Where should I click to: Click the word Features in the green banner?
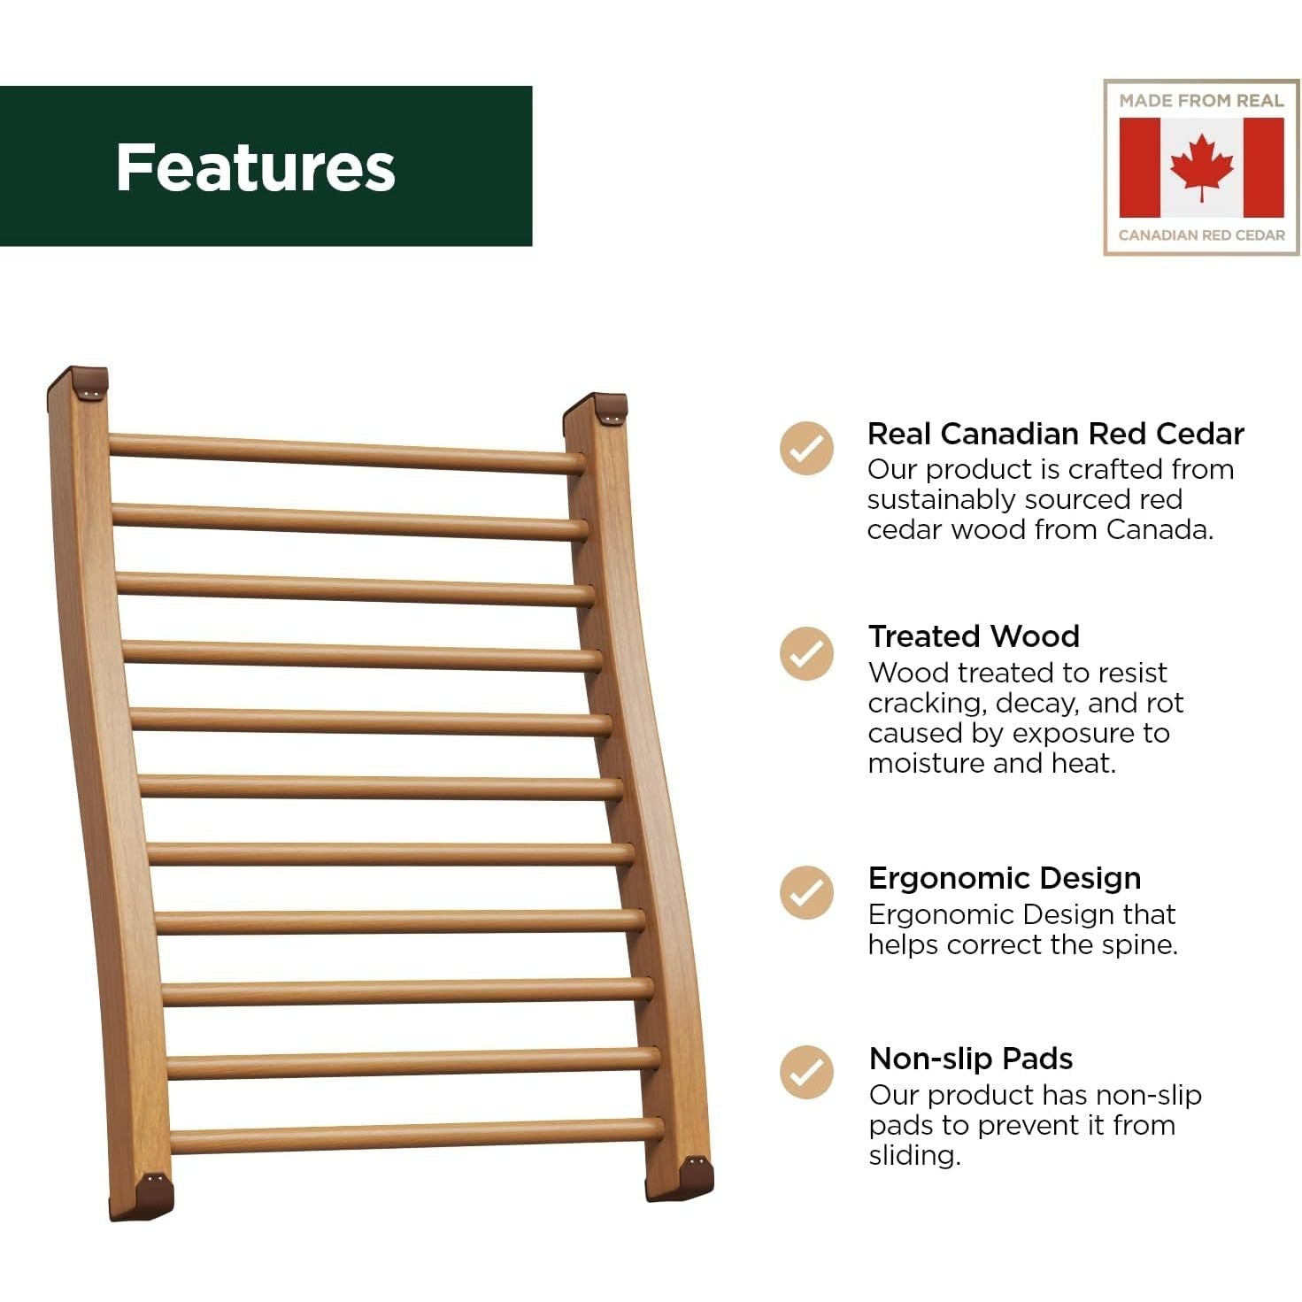[x=256, y=167]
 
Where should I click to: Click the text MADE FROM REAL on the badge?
[x=1201, y=101]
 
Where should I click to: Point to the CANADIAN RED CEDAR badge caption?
[x=1201, y=235]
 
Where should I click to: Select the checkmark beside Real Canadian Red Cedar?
[x=806, y=448]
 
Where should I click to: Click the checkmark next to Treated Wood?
[x=806, y=653]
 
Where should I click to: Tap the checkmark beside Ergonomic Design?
[x=806, y=892]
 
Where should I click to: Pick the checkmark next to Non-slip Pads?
[x=806, y=1072]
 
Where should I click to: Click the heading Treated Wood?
[x=974, y=636]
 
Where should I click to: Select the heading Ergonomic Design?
[x=1005, y=879]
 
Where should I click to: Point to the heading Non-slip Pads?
[x=971, y=1059]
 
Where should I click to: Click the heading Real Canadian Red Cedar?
[x=1055, y=434]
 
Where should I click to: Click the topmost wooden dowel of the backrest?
[x=347, y=453]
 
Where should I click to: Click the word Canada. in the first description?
[x=1159, y=529]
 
